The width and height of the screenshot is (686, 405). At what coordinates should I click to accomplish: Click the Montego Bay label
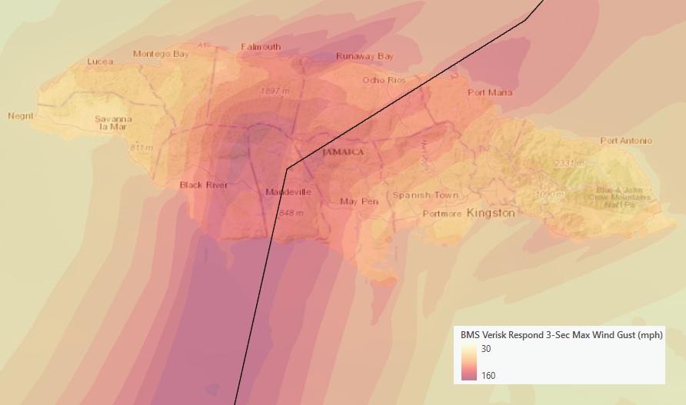(161, 54)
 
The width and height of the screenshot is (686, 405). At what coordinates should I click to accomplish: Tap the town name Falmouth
(261, 47)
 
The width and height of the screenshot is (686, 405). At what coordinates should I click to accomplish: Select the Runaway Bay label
(365, 57)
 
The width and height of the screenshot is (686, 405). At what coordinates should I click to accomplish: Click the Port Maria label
(490, 93)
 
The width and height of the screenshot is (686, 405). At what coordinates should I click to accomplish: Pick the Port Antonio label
(626, 141)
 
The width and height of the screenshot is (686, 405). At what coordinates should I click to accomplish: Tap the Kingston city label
(490, 213)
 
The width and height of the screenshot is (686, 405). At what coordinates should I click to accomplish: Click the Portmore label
(441, 214)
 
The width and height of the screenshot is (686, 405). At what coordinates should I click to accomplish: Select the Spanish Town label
(425, 195)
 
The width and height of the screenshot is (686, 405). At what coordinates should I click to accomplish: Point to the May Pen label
(359, 201)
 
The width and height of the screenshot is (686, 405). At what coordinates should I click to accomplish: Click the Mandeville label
(288, 191)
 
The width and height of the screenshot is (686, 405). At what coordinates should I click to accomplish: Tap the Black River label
(203, 185)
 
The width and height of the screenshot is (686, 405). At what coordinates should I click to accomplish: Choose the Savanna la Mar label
(114, 124)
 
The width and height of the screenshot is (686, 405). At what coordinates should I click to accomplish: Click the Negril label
(22, 116)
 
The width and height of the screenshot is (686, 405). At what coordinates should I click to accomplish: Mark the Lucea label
(100, 61)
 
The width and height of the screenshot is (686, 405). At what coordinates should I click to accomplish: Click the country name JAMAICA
(343, 152)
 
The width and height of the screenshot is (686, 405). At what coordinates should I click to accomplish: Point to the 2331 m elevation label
(569, 164)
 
